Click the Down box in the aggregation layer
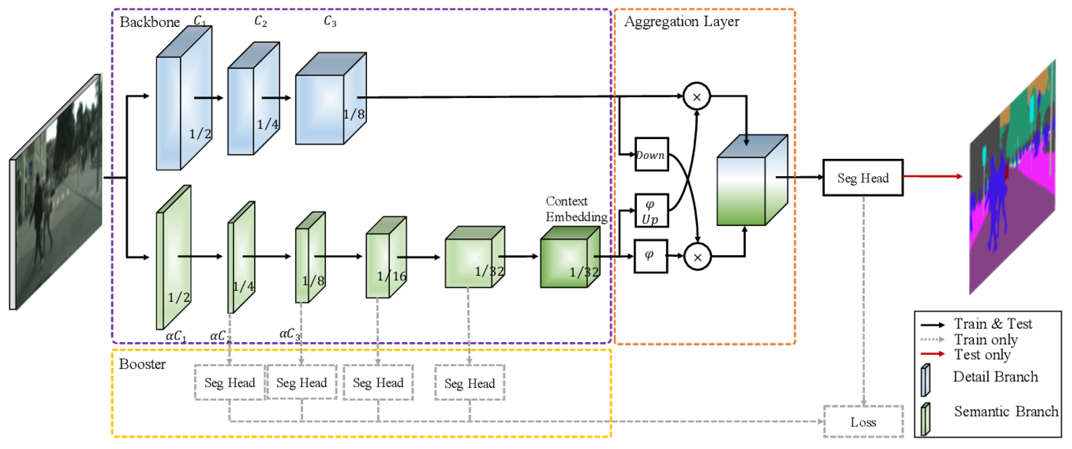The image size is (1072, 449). pyautogui.click(x=651, y=155)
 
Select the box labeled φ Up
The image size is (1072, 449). pyautogui.click(x=651, y=211)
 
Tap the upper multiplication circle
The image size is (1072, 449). pyautogui.click(x=697, y=97)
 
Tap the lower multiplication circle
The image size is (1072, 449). pyautogui.click(x=697, y=257)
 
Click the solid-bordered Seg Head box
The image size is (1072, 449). pyautogui.click(x=862, y=178)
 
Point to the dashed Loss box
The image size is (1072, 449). pyautogui.click(x=863, y=422)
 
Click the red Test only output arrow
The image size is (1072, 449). pyautogui.click(x=932, y=176)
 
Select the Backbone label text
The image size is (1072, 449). pyautogui.click(x=150, y=22)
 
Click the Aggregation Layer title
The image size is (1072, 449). pyautogui.click(x=682, y=21)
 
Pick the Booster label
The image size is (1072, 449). pyautogui.click(x=142, y=364)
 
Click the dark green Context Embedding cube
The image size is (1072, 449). pyautogui.click(x=569, y=258)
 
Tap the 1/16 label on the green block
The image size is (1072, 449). pyautogui.click(x=391, y=276)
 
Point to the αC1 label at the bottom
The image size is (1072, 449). pyautogui.click(x=176, y=336)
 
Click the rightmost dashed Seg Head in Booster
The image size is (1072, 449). pyautogui.click(x=469, y=383)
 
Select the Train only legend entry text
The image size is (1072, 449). pyautogui.click(x=985, y=339)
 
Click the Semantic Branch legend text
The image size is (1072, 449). pyautogui.click(x=1006, y=411)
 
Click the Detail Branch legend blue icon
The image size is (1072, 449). pyautogui.click(x=925, y=380)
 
